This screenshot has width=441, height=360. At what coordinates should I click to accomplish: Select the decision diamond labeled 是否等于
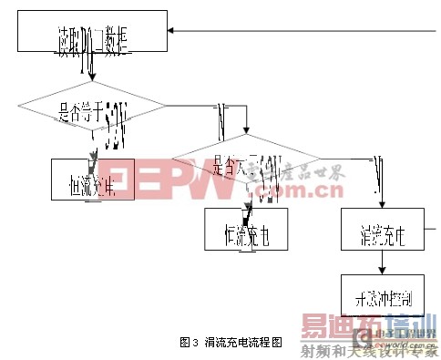[92, 111]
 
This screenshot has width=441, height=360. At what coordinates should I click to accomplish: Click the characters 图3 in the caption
[190, 343]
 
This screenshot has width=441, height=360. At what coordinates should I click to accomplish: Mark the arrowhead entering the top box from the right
[173, 33]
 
